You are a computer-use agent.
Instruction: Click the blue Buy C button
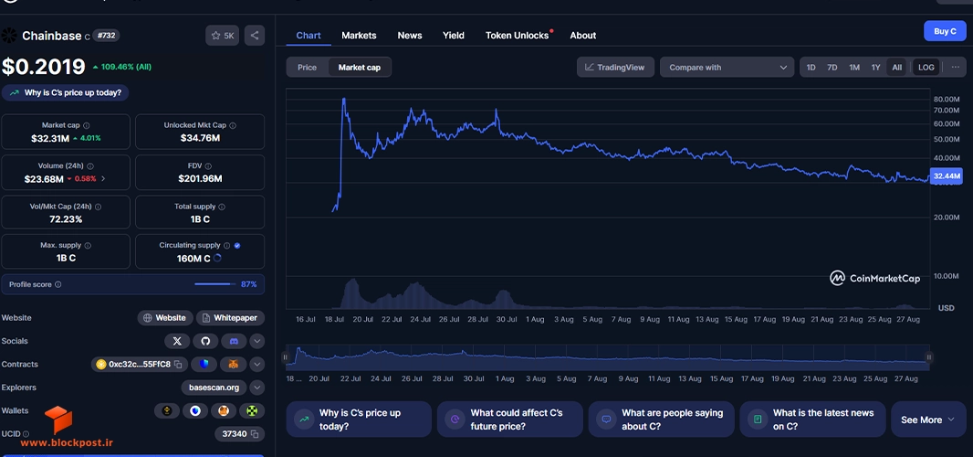pos(945,31)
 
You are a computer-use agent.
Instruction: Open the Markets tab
pos(359,36)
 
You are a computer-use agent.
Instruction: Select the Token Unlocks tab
pos(517,36)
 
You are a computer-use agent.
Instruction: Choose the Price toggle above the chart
pos(308,67)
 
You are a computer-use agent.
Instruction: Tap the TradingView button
pos(615,67)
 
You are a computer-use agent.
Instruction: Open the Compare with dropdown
pos(727,67)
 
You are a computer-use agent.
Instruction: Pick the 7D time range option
pos(832,67)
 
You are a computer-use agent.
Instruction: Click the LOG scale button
pos(926,67)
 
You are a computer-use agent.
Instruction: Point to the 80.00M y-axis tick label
pos(947,99)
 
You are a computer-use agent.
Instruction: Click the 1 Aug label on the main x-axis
pos(534,319)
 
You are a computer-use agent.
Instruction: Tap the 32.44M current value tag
pos(947,176)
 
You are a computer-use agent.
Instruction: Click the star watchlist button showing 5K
pos(222,36)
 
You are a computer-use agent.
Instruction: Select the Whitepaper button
pos(230,318)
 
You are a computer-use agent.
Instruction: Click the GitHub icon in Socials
pos(205,341)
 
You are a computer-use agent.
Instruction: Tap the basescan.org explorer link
pos(214,388)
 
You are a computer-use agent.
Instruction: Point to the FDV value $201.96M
pos(200,178)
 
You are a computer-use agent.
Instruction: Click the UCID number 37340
pos(234,433)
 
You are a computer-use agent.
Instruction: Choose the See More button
pos(927,420)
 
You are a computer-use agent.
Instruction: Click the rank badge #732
pos(107,36)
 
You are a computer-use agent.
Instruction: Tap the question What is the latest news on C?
pos(812,420)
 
